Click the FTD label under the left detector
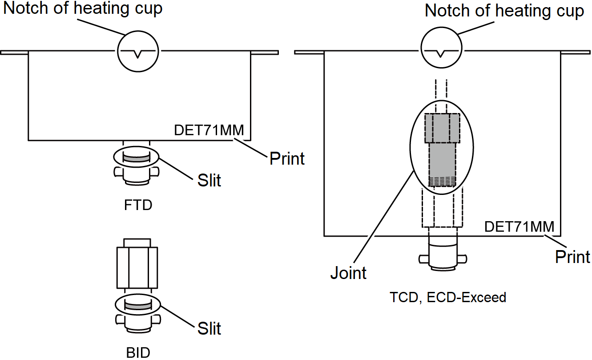(138, 206)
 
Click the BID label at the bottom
(138, 353)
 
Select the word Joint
(348, 273)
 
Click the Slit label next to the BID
(209, 328)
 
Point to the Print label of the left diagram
(287, 158)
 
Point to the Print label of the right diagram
(572, 257)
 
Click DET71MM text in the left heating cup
(209, 130)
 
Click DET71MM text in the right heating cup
(519, 227)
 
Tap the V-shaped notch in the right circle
(440, 54)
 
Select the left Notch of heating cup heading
(83, 8)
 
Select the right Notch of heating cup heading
(504, 11)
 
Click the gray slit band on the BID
(137, 306)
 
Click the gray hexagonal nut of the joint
(441, 128)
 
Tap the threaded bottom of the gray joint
(443, 181)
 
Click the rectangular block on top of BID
(137, 267)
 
